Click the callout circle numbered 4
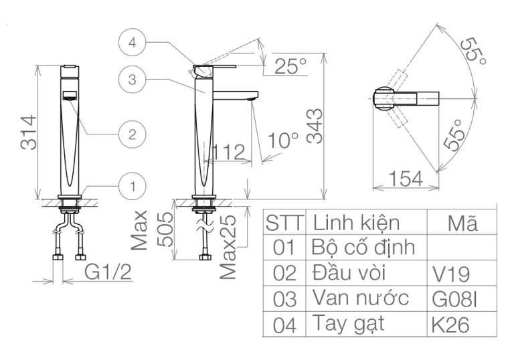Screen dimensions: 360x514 (x=133, y=43)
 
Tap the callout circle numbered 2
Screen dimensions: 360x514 (x=133, y=133)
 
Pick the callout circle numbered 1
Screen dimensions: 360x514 (x=133, y=185)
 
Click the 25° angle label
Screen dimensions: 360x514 (x=289, y=66)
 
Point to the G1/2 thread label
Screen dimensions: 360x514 (x=108, y=273)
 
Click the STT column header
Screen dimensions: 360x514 (x=284, y=223)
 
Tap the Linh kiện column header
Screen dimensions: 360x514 (x=357, y=221)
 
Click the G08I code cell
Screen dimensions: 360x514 (x=452, y=299)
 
